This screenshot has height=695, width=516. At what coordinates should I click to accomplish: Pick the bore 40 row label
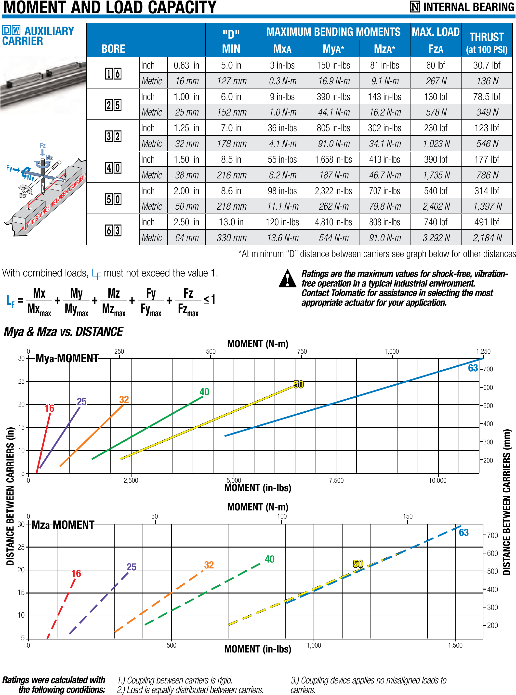pos(113,168)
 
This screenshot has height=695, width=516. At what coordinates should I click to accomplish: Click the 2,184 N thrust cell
pos(487,238)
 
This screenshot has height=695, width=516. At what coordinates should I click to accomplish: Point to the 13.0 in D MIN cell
pos(231,222)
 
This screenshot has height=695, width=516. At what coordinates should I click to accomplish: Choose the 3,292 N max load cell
pos(436,238)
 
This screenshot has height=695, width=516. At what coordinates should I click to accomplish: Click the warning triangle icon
pos(287,278)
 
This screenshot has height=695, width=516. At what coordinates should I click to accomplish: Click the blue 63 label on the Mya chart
pos(473,368)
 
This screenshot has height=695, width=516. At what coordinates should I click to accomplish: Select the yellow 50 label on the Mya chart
pos(299,384)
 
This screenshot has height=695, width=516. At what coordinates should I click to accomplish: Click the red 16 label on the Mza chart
pos(76,573)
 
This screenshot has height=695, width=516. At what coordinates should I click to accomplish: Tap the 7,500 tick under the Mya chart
pos(336,480)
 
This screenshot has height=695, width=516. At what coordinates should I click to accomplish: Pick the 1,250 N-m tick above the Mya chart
pos(483,351)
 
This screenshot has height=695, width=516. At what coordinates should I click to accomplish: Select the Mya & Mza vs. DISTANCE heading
pos(63,332)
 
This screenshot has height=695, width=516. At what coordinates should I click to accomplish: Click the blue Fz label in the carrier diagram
pos(43,145)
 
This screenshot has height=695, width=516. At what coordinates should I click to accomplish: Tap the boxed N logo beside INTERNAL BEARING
pos(415,7)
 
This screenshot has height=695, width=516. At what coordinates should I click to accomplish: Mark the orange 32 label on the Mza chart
pos(209,565)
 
